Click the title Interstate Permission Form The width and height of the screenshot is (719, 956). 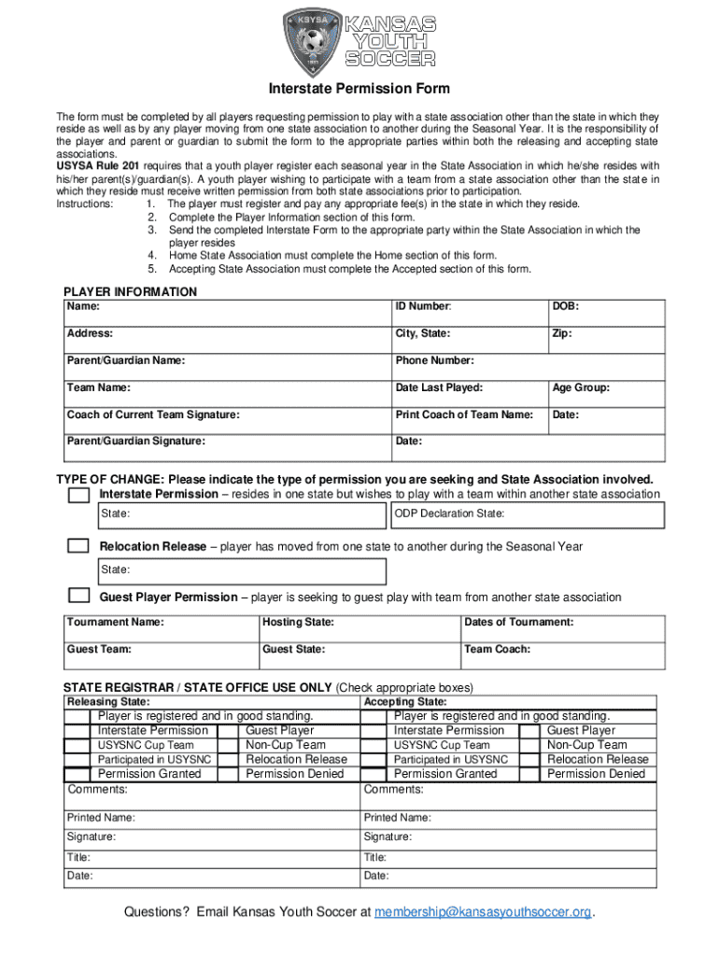(359, 90)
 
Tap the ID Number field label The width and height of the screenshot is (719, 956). (424, 306)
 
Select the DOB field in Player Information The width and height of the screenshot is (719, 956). (605, 312)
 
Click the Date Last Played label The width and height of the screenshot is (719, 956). (439, 387)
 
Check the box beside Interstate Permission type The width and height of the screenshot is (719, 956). (79, 495)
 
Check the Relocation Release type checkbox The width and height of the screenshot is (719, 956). (79, 546)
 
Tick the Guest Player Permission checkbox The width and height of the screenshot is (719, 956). (79, 597)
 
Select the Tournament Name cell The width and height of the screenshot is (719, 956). (161, 628)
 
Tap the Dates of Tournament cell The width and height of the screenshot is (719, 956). (563, 628)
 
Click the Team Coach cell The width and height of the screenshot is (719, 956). (563, 654)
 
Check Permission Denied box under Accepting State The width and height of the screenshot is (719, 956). (530, 774)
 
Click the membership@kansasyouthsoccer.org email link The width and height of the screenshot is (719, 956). (483, 912)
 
